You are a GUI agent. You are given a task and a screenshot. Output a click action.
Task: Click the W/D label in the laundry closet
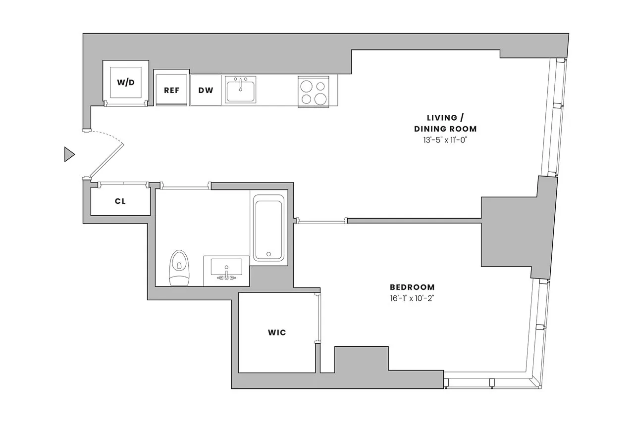tap(125, 82)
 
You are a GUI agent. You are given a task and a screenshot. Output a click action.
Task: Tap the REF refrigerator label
tap(171, 91)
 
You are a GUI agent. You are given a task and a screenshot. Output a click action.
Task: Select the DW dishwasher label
tap(206, 91)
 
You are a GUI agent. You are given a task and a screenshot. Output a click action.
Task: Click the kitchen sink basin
tap(240, 91)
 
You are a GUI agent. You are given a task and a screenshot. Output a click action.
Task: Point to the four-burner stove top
tap(314, 92)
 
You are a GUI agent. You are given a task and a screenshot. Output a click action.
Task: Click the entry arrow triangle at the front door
tap(69, 155)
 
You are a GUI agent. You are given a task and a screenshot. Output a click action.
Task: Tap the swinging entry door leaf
tap(106, 161)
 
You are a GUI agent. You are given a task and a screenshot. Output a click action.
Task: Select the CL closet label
tap(120, 201)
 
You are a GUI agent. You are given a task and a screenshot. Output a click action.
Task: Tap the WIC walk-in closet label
tap(276, 332)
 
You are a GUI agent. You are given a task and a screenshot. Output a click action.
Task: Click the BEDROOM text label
tap(412, 287)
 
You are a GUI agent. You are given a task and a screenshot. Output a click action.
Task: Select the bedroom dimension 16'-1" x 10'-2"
tap(412, 298)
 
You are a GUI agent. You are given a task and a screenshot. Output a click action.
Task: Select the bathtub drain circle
tap(268, 254)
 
